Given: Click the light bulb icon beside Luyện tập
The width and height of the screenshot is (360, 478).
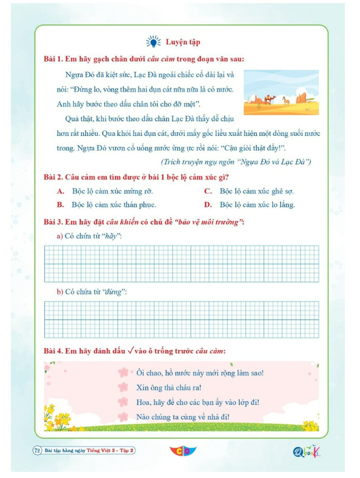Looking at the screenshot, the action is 153,42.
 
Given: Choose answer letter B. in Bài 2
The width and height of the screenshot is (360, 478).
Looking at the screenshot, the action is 61,204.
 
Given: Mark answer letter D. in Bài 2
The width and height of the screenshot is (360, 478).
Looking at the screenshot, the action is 207,204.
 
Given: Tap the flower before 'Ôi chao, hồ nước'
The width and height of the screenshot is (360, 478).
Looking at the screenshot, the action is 124,372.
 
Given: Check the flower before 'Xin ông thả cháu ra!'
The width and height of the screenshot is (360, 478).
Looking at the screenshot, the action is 124,387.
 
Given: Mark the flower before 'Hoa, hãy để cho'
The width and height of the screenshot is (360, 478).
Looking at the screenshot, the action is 124,402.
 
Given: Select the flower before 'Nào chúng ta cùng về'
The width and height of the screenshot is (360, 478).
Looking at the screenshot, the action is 124,416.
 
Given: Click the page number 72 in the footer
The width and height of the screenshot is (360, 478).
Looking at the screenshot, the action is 36,450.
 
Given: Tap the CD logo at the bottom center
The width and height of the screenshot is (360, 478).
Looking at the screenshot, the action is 179,451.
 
